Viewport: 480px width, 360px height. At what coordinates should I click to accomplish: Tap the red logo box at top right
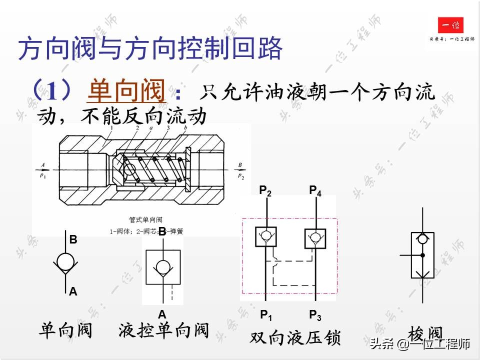450,25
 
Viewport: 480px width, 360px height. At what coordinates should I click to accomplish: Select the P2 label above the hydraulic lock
265,190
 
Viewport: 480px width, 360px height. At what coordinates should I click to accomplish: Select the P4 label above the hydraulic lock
315,190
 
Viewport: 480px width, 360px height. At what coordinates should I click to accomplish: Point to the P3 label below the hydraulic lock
315,315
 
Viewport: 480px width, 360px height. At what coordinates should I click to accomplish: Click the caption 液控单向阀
163,330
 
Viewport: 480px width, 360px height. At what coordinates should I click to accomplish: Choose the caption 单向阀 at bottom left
66,330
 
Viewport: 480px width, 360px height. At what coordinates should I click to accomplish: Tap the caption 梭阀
425,332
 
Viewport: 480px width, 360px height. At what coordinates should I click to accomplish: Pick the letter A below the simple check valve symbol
73,291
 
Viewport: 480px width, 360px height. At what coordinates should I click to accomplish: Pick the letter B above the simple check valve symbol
73,240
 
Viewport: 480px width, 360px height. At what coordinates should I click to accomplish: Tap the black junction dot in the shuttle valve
422,255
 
